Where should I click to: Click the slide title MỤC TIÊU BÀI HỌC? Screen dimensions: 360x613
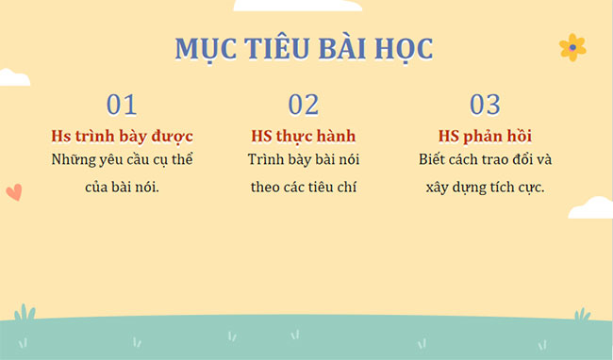tap(304, 48)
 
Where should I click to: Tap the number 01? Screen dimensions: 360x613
tap(122, 105)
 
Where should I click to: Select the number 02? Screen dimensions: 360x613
tap(304, 105)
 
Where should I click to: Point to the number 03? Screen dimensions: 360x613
tap(485, 105)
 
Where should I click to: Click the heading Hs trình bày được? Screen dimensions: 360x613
tap(123, 136)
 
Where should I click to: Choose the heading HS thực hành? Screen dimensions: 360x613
tap(304, 136)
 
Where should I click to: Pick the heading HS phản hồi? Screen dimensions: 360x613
tap(485, 136)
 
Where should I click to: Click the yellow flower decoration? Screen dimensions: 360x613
tap(572, 47)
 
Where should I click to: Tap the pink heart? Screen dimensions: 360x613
tap(13, 192)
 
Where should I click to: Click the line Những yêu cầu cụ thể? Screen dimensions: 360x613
tap(123, 159)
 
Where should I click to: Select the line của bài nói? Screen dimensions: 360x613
tap(123, 187)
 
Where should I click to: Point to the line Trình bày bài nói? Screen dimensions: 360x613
tap(304, 159)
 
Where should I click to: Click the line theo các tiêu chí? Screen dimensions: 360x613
tap(304, 187)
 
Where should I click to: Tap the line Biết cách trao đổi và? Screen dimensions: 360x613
tap(485, 159)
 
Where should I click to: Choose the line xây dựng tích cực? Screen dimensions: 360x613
tap(485, 187)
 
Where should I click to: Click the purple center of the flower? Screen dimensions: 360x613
tap(572, 47)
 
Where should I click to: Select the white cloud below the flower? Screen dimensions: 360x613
tap(591, 206)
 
